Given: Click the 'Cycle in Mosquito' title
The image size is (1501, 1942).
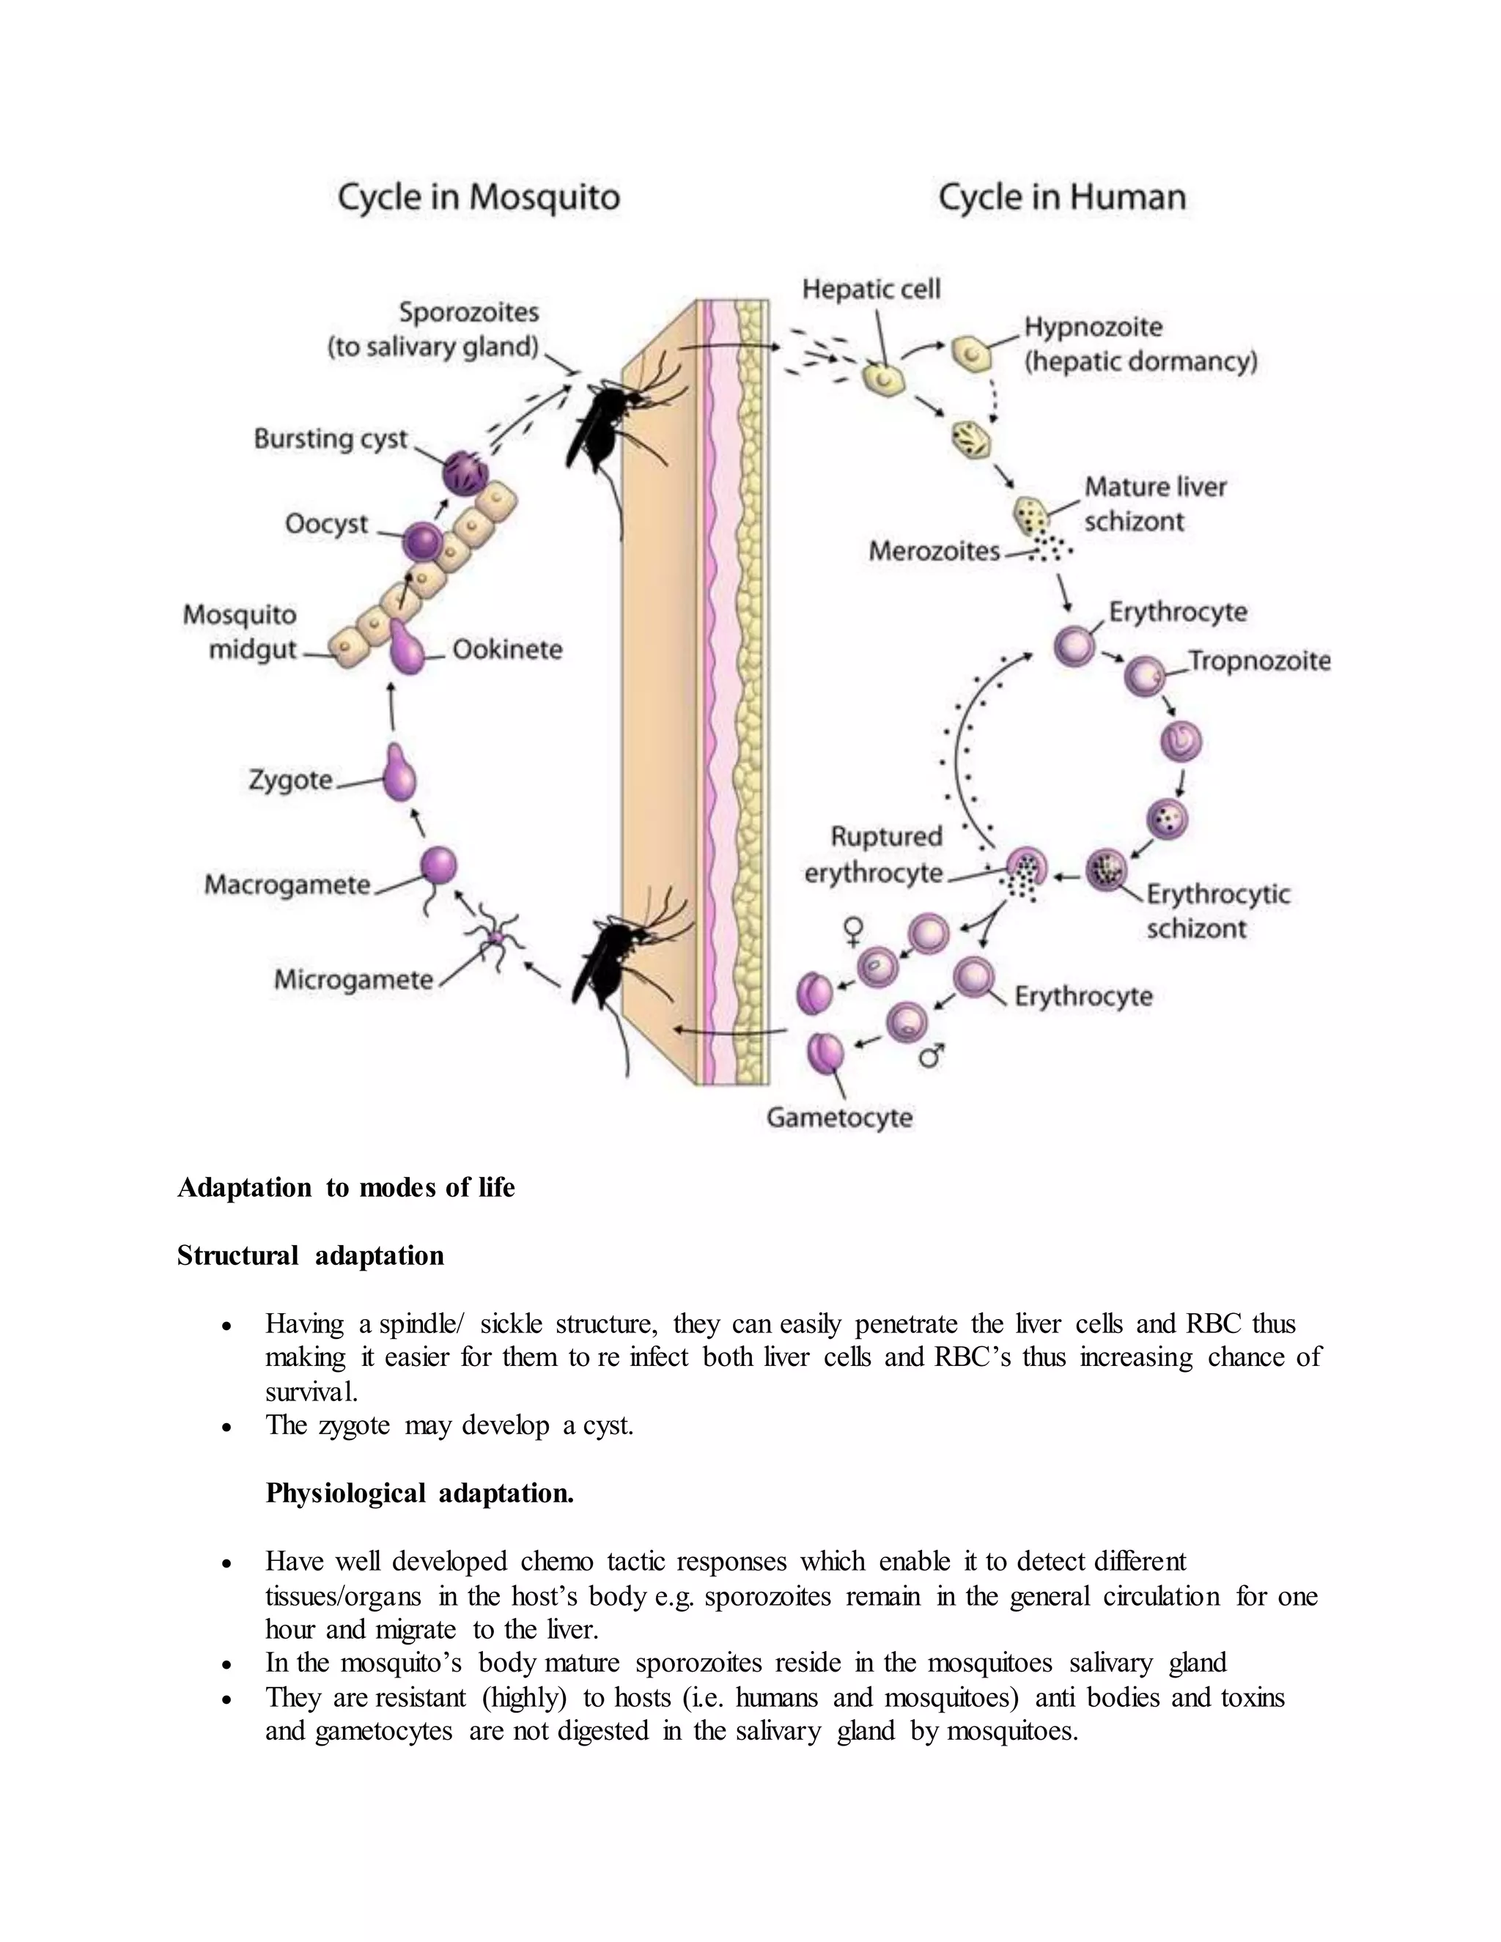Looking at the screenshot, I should [x=479, y=197].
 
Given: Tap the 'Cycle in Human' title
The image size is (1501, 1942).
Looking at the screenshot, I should [x=1062, y=197].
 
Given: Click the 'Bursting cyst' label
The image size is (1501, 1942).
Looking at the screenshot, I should [x=331, y=439].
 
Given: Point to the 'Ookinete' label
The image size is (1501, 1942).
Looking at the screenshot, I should [x=508, y=649].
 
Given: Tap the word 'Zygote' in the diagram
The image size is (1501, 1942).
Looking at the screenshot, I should [x=291, y=780].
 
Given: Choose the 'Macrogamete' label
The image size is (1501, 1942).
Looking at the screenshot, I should [x=287, y=885].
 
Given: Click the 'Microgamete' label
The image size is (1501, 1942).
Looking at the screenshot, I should [x=354, y=980].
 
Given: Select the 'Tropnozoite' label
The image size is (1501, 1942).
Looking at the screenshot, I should [x=1260, y=661].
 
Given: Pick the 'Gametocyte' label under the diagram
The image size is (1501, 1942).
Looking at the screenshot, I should [x=839, y=1118].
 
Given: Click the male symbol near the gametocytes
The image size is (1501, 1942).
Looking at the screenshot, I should [x=931, y=1055].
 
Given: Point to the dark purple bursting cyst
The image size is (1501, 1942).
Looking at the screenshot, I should [x=465, y=472].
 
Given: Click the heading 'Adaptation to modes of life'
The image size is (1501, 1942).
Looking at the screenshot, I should [x=346, y=1188].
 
